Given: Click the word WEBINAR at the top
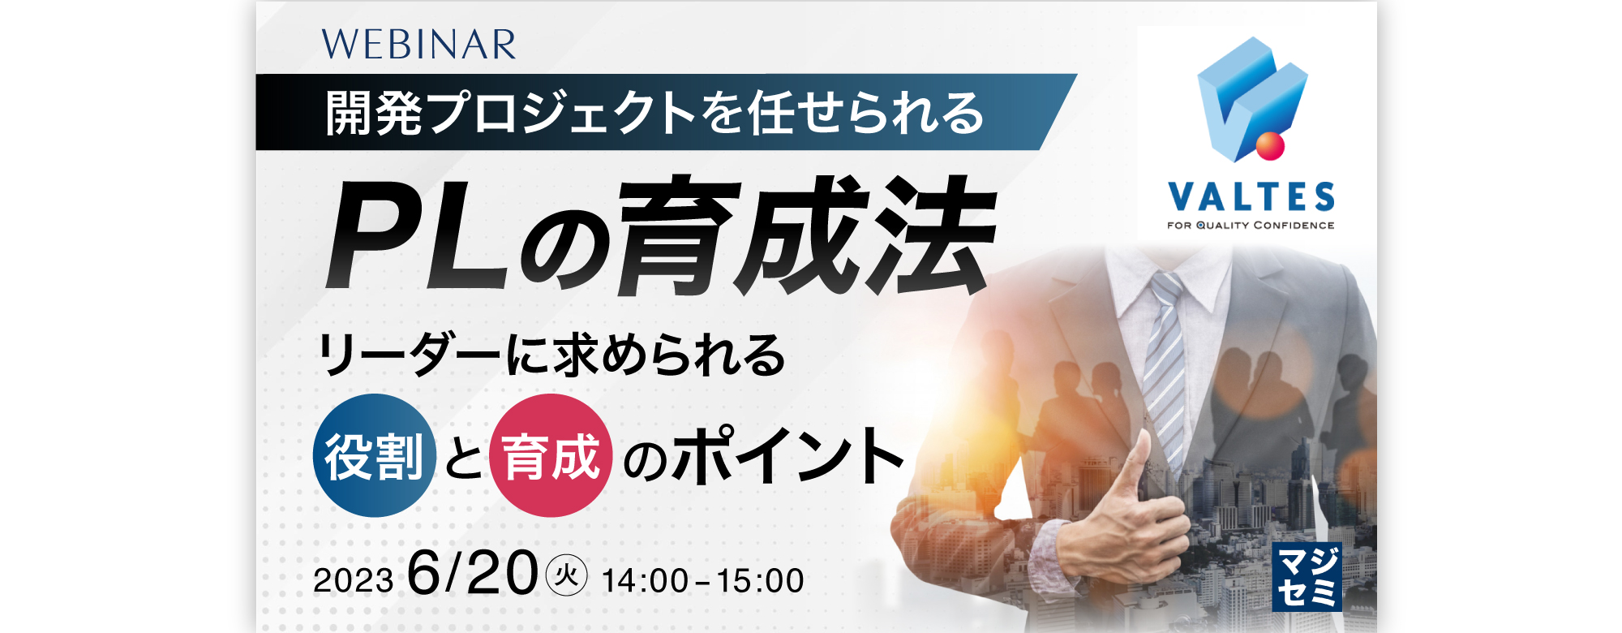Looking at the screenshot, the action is coord(418,45).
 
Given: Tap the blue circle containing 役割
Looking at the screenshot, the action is coord(375,455).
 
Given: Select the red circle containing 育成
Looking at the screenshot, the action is coord(551,455).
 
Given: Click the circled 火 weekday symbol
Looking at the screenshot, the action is coord(566,576).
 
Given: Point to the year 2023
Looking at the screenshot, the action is coord(354,581).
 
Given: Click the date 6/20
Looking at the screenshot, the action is coord(473,573).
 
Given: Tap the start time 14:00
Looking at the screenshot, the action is coord(646,581).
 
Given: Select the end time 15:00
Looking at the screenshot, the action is coord(760,581).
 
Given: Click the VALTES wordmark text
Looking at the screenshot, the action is coord(1251,197).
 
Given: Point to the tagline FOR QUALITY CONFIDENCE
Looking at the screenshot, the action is coord(1251,226).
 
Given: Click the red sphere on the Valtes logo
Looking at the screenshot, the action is coord(1270,146).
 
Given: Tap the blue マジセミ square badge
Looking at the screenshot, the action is coord(1307,577).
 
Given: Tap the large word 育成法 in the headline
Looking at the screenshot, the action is coord(806,235).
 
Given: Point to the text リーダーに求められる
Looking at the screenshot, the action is coord(551,355).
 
